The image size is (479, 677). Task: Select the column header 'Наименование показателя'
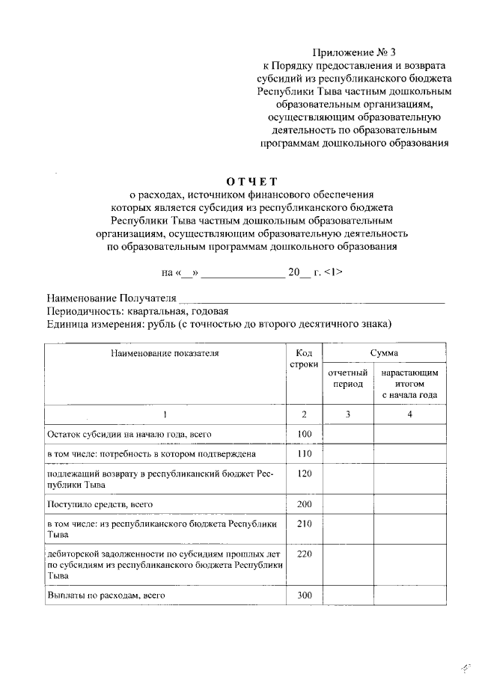point(165,352)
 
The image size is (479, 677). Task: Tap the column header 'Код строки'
point(304,358)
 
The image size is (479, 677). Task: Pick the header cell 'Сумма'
point(384,352)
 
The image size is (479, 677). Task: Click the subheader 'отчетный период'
point(348,378)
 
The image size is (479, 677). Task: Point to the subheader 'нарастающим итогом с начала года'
point(409,383)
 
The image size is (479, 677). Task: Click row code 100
point(304,434)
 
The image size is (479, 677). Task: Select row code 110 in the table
point(304,454)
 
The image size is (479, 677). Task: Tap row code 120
point(304,474)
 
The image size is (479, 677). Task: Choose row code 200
point(304,504)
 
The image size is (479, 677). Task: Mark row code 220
point(304,554)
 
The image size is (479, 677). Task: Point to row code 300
point(304,595)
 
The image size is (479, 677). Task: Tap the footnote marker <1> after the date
point(334,272)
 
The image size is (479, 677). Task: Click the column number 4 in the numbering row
point(409,414)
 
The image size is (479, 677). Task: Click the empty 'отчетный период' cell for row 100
point(348,434)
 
